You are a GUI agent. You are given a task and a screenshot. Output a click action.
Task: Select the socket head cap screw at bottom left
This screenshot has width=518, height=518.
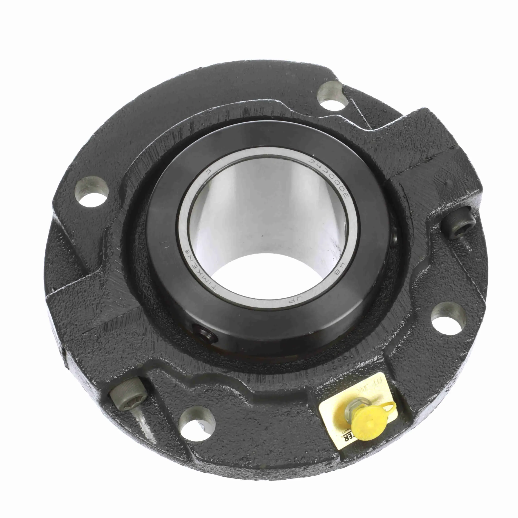coord(128,395)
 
